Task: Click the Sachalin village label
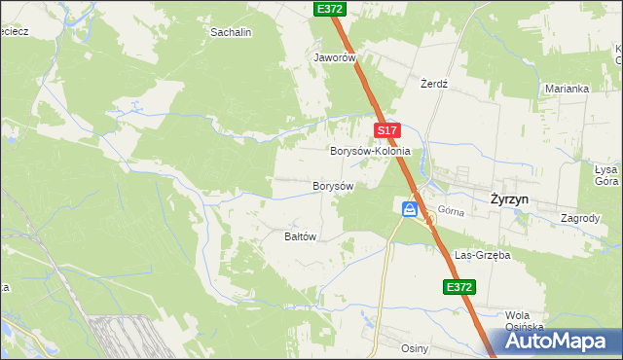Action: pos(231,32)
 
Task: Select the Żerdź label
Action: pos(433,84)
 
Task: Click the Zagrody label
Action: pos(580,218)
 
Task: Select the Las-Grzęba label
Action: pos(482,255)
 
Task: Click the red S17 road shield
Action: pos(386,130)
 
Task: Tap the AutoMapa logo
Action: pos(561,342)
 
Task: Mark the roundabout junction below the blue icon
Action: pos(428,220)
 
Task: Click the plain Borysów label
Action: pos(332,185)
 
